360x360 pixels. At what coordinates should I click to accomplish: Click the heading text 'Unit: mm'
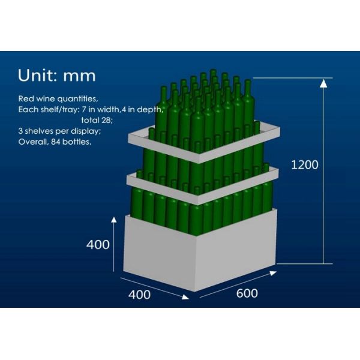57,76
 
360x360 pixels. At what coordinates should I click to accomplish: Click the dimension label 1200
305,164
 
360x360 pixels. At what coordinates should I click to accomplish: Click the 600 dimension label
247,293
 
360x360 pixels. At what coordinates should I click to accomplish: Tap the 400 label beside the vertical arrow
98,245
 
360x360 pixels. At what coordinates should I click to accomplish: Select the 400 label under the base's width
139,295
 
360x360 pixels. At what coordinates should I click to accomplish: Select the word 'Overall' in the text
32,143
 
